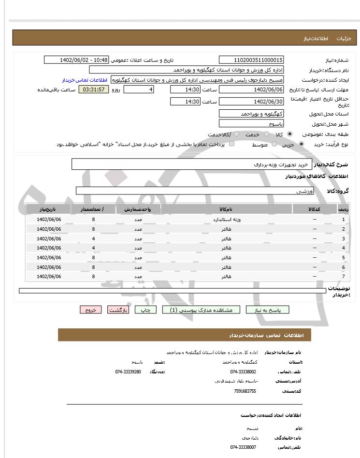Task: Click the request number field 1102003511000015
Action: tap(251, 60)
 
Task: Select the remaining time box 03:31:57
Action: tap(94, 89)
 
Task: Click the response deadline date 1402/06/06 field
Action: tap(251, 89)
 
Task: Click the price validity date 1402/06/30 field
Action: tap(251, 102)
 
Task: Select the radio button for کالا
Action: tap(289, 134)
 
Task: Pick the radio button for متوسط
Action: tap(274, 144)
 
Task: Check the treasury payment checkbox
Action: tap(231, 144)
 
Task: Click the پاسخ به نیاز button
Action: tap(267, 310)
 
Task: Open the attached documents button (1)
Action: tap(201, 310)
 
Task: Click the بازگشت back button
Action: tap(118, 310)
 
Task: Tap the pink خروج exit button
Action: tap(91, 310)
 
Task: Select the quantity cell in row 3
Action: tap(93, 238)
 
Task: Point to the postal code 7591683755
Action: tap(245, 391)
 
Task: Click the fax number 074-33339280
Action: tap(128, 371)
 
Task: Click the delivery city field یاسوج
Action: tap(251, 124)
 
